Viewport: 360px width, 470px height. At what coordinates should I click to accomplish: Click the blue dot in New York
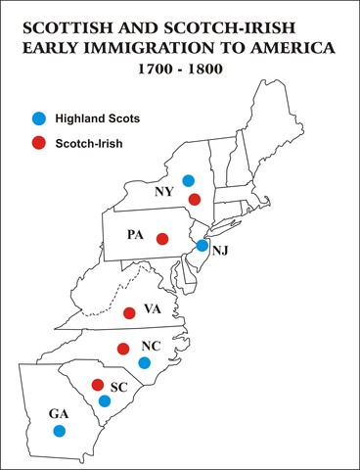189,180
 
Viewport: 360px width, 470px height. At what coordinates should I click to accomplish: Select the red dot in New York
195,200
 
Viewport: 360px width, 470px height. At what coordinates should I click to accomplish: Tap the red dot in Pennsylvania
162,239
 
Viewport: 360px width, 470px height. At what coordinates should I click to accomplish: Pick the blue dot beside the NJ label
202,246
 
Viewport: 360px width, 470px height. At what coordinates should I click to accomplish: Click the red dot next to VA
129,313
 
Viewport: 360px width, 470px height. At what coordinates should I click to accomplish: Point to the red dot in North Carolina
123,349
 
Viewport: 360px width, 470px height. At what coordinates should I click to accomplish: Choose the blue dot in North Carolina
144,362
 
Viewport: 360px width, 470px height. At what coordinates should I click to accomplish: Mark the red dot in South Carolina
97,384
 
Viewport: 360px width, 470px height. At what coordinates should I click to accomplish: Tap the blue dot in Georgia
59,430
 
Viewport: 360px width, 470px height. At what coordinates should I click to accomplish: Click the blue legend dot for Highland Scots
38,118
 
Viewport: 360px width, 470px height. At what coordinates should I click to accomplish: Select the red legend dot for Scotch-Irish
38,143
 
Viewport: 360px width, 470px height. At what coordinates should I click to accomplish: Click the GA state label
59,413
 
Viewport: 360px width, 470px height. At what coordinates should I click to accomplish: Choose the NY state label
164,192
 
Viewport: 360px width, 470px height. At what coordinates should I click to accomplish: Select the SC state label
119,388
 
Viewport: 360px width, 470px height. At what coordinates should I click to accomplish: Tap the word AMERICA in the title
292,47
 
